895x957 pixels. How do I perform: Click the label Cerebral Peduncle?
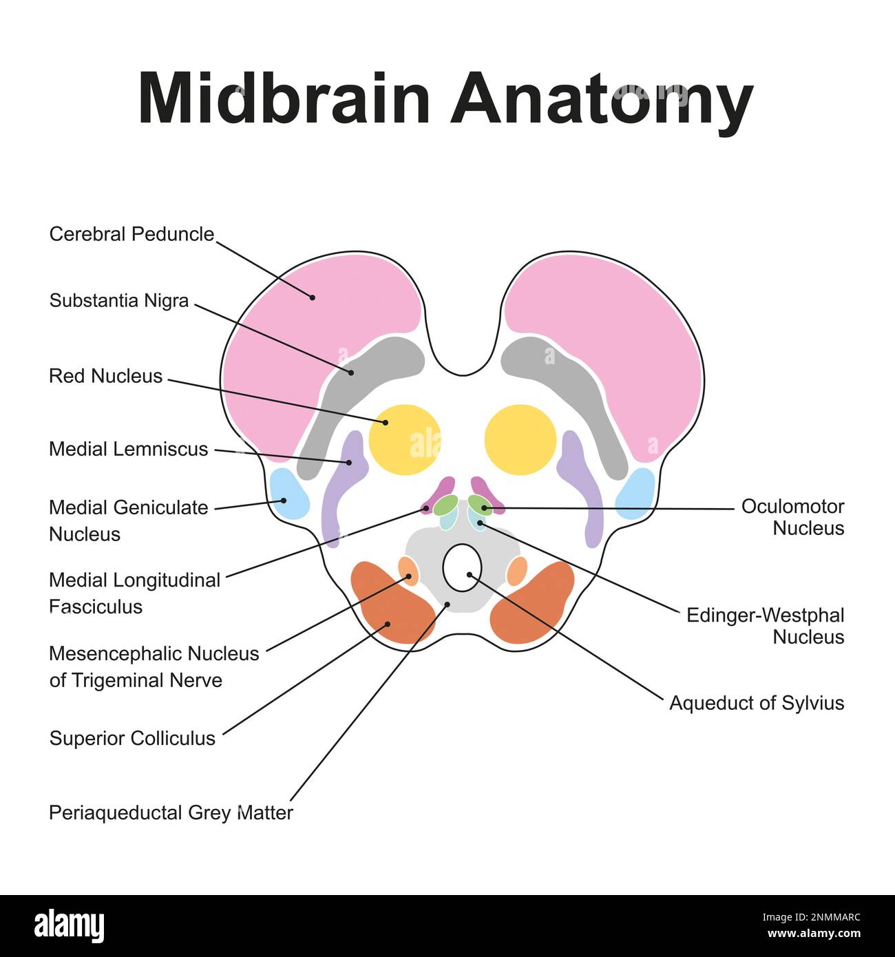click(131, 234)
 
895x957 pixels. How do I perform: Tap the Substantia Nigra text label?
click(118, 301)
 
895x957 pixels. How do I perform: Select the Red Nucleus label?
click(105, 376)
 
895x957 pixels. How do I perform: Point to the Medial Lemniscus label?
click(128, 449)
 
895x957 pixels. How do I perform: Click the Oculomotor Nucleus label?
click(792, 517)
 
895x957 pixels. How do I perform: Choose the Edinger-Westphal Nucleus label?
click(766, 625)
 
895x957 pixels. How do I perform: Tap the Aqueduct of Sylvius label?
click(756, 703)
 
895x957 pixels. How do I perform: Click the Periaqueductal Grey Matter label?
click(171, 812)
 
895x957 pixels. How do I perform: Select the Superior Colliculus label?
click(132, 738)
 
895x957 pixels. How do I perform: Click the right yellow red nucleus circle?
click(520, 439)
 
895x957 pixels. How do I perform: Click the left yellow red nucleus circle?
click(404, 439)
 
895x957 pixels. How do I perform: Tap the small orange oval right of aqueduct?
click(516, 571)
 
